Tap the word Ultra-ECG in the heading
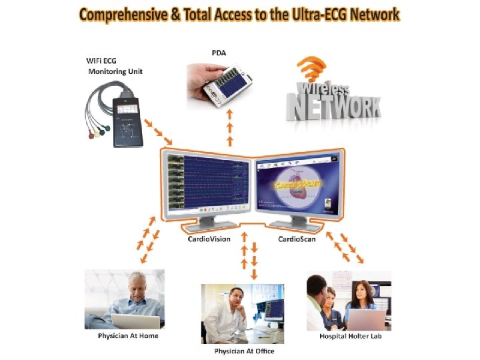pos(316,14)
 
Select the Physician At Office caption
pos(244,351)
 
